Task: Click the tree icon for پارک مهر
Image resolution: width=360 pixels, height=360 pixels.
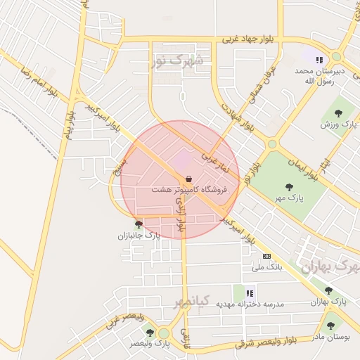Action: pyautogui.click(x=289, y=187)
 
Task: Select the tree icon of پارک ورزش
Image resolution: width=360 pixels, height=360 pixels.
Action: pyautogui.click(x=339, y=112)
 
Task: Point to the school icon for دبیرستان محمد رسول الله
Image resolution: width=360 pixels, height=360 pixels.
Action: pyautogui.click(x=319, y=60)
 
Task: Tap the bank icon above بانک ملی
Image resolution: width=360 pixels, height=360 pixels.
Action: pyautogui.click(x=266, y=256)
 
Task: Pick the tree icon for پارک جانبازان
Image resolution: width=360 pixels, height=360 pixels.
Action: pyautogui.click(x=139, y=225)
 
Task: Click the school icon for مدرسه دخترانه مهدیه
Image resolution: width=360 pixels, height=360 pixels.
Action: pyautogui.click(x=249, y=292)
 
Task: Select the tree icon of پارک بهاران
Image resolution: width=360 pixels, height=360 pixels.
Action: pyautogui.click(x=328, y=290)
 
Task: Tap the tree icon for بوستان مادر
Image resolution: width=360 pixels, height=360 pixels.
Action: pyautogui.click(x=330, y=326)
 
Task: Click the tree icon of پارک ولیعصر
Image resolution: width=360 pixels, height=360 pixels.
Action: pyautogui.click(x=150, y=333)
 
